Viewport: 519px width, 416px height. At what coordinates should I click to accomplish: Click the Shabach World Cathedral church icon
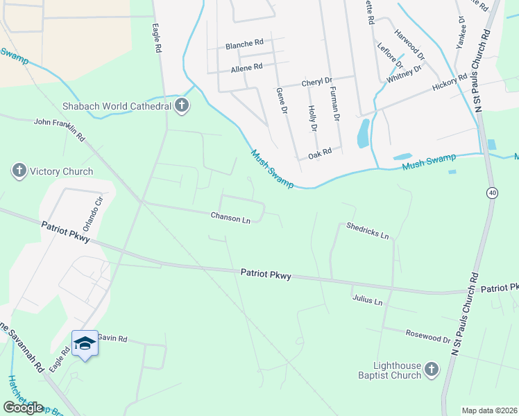point(182,106)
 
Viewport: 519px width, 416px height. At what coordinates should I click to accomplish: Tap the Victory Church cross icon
point(19,171)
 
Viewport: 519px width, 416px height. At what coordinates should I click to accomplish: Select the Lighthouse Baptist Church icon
point(431,370)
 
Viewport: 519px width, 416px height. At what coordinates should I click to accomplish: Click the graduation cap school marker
point(85,343)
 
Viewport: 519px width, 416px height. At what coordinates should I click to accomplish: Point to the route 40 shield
point(491,193)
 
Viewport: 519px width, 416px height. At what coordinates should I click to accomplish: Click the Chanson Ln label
point(230,218)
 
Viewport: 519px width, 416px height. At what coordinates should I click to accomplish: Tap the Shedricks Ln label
point(367,230)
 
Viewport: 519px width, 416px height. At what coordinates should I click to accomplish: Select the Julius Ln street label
point(367,302)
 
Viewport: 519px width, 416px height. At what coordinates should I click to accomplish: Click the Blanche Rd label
point(244,44)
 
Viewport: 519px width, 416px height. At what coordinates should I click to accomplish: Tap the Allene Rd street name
point(246,67)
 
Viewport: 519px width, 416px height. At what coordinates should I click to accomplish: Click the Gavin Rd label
point(112,338)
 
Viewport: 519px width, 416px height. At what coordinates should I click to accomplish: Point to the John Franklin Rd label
point(59,129)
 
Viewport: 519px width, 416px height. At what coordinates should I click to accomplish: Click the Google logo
point(24,408)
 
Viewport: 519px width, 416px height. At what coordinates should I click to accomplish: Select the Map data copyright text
point(489,410)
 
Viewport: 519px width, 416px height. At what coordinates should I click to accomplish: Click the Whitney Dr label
point(405,75)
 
